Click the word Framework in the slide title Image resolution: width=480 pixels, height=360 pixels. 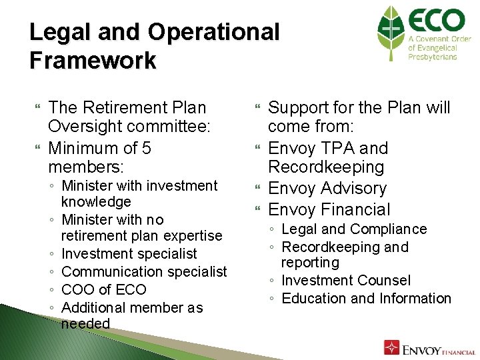tap(93, 61)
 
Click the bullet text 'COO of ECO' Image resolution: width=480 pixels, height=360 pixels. tap(103, 290)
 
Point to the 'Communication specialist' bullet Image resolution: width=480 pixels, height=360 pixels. tap(144, 272)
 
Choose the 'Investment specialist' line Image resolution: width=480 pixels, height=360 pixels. tap(129, 254)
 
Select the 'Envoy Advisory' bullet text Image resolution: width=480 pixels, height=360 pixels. tap(327, 189)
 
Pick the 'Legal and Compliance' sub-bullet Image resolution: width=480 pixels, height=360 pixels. tap(354, 229)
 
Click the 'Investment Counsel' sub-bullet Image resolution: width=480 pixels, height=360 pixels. tap(346, 281)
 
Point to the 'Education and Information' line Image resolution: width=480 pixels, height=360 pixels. tap(367, 299)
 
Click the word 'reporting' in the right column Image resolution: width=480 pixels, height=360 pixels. tap(310, 263)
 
